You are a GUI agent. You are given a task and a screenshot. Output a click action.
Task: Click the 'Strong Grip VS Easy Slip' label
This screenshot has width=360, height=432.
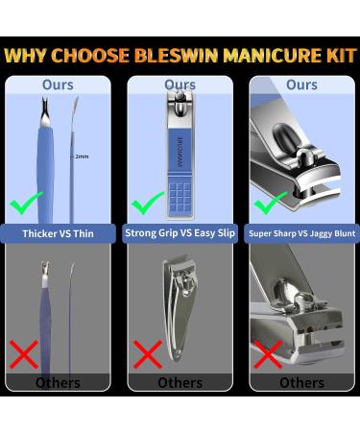click(x=180, y=233)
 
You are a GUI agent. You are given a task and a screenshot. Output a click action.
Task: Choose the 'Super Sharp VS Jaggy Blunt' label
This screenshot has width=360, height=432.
click(x=301, y=233)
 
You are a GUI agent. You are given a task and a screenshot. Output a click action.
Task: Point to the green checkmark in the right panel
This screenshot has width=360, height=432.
click(x=270, y=202)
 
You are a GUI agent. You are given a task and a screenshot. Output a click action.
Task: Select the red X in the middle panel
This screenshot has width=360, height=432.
click(x=147, y=355)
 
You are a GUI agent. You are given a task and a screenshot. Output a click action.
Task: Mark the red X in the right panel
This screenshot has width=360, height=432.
click(x=269, y=355)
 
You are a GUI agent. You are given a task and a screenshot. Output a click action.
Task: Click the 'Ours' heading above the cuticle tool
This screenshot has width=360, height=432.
click(x=58, y=85)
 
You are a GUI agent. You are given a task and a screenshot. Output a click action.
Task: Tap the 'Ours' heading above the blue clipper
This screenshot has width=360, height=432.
click(x=180, y=85)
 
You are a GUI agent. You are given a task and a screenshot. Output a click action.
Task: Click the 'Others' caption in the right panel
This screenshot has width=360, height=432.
click(x=301, y=382)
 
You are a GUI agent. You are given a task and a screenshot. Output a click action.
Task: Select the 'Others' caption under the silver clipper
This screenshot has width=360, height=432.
click(x=180, y=382)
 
